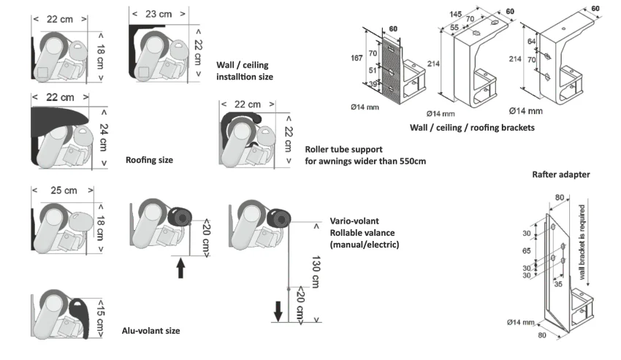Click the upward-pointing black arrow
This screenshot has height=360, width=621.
coord(180,267)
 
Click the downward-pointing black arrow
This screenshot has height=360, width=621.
coord(278,313)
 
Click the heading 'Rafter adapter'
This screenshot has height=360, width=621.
coord(561,175)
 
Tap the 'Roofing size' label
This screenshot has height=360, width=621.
coord(149,159)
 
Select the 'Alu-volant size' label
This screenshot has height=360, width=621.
coord(151,331)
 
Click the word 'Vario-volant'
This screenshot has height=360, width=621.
coord(354,221)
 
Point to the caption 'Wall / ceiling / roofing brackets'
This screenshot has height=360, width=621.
coord(472,127)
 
